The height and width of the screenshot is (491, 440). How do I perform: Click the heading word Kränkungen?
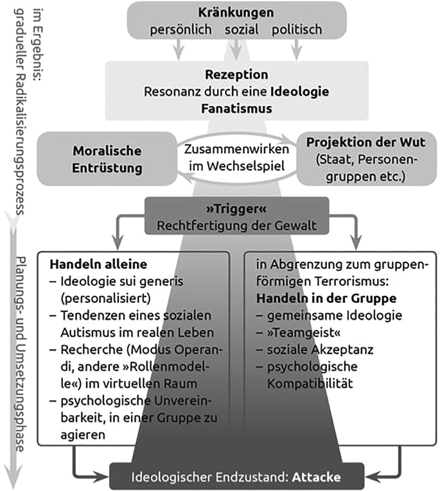point(236,13)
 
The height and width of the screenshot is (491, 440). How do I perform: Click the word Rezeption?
point(236,74)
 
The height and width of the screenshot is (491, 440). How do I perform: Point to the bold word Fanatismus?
point(236,108)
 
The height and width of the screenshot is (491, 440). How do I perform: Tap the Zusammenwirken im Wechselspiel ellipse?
point(237,157)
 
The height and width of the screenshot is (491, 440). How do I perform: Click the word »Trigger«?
point(236,211)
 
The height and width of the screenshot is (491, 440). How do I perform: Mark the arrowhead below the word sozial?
point(236,51)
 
